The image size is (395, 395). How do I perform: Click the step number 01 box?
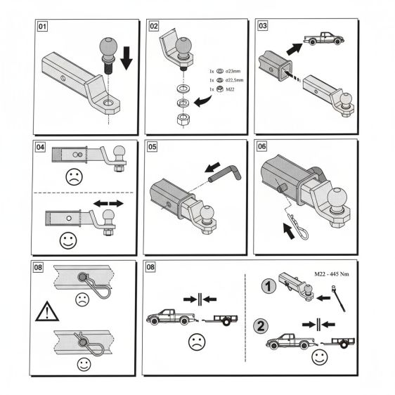42,27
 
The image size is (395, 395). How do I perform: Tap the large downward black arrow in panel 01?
127,58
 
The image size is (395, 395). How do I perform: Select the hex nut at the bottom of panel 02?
183,119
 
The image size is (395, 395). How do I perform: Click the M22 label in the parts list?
230,89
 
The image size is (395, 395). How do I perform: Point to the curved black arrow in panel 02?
202,101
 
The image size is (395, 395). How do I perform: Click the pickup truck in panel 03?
324,39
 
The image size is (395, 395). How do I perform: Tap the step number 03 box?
263,26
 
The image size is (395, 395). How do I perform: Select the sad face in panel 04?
74,177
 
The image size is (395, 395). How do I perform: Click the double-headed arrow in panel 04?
108,203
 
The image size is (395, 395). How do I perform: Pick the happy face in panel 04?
68,240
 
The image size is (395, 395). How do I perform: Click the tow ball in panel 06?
337,198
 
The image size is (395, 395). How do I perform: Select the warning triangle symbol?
47,311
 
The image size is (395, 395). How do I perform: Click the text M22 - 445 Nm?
332,274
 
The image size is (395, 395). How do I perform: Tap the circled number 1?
268,287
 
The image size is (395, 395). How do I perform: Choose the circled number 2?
261,326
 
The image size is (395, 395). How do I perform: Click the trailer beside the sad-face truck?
221,320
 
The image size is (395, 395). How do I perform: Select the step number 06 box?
261,146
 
